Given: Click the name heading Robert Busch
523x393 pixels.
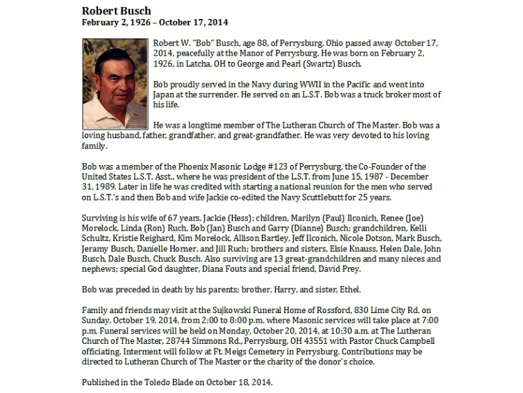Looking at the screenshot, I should point(116,10).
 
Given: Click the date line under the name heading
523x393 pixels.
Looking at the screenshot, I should point(155,22).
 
